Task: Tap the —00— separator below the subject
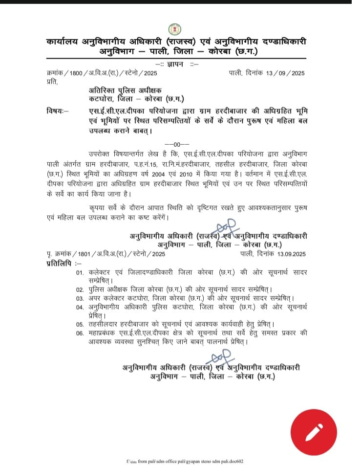[x=173, y=144]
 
